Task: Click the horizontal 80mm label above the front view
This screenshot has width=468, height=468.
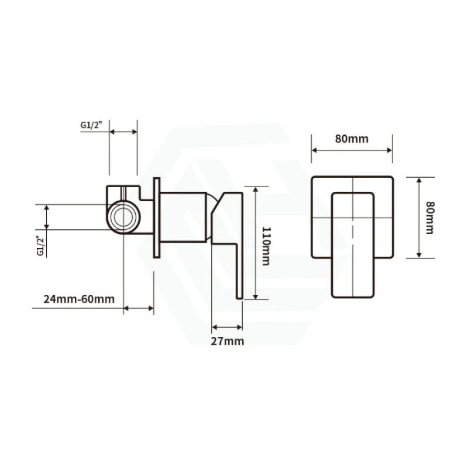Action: [x=352, y=139]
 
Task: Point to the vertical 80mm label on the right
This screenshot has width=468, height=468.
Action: [x=430, y=218]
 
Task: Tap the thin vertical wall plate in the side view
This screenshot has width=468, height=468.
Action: [x=156, y=217]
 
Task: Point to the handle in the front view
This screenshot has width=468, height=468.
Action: [x=353, y=245]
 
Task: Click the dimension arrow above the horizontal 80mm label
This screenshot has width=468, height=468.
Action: [x=352, y=150]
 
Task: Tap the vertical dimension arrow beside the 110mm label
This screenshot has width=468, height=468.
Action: [x=255, y=243]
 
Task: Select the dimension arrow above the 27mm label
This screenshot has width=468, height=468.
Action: [x=227, y=327]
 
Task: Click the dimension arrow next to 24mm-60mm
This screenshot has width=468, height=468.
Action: [x=139, y=308]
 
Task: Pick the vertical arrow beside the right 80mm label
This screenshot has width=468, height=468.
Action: [x=419, y=217]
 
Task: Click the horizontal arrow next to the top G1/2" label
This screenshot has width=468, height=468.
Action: [x=123, y=132]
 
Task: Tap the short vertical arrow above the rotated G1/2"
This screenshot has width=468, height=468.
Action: [x=47, y=217]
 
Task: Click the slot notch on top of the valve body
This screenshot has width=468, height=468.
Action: [x=123, y=191]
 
